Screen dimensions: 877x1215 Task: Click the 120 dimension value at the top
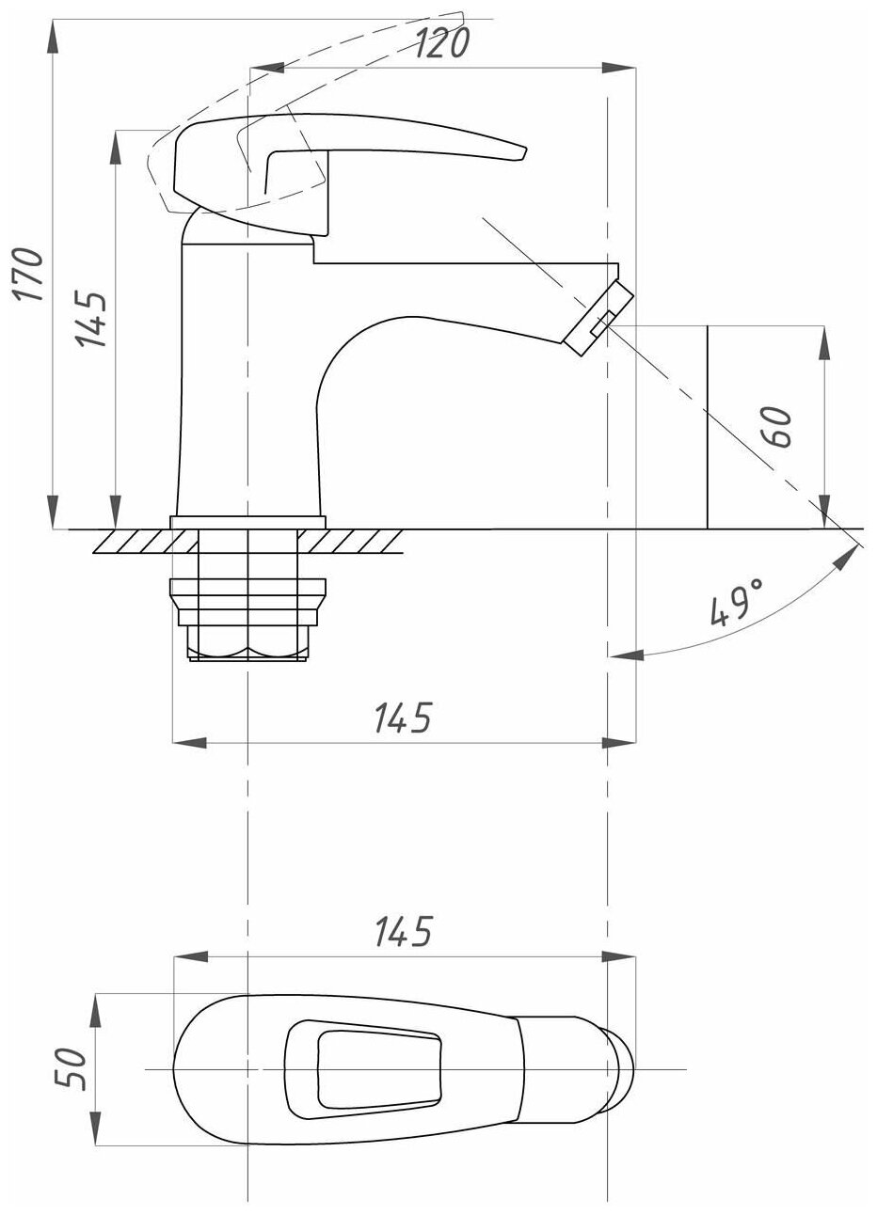pyautogui.click(x=440, y=43)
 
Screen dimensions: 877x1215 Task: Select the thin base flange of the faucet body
pyautogui.click(x=247, y=521)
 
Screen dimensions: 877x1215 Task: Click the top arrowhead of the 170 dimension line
pyautogui.click(x=53, y=28)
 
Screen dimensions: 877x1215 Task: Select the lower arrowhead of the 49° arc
pyautogui.click(x=621, y=655)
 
